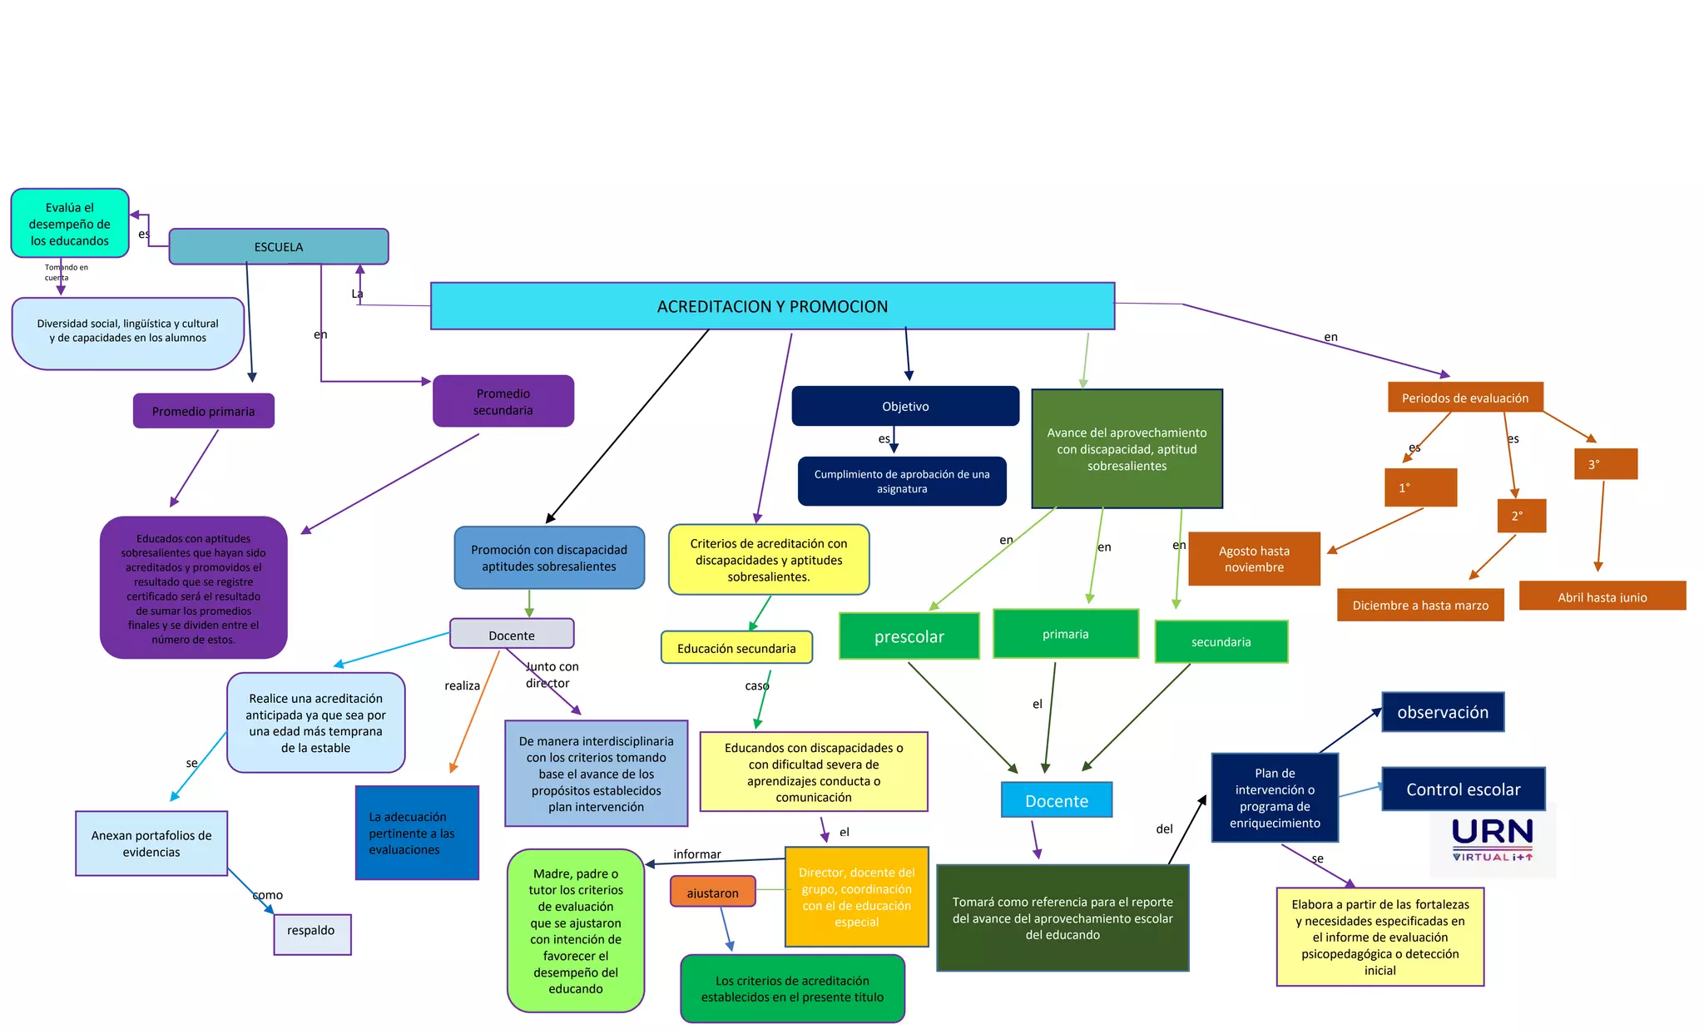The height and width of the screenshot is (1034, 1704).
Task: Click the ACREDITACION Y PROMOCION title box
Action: pyautogui.click(x=772, y=306)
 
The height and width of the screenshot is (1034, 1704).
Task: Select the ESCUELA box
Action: pyautogui.click(x=279, y=247)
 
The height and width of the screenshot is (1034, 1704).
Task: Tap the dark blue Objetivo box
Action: pyautogui.click(x=905, y=406)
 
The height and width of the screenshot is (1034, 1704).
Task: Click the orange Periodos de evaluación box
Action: pyautogui.click(x=1464, y=398)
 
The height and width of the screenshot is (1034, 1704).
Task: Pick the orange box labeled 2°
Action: pyautogui.click(x=1521, y=516)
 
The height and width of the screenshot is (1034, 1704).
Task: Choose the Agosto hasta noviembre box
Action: pyautogui.click(x=1254, y=559)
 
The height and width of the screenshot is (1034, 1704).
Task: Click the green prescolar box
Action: pyautogui.click(x=909, y=636)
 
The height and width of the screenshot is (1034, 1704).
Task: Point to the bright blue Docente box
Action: pyautogui.click(x=1057, y=800)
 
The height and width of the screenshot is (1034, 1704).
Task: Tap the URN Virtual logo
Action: pyautogui.click(x=1493, y=839)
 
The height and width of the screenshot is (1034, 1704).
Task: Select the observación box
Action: pyautogui.click(x=1443, y=712)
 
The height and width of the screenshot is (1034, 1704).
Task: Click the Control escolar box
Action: pyautogui.click(x=1463, y=789)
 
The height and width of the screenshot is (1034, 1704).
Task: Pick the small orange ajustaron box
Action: pyautogui.click(x=712, y=893)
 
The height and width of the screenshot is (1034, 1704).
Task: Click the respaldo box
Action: pyautogui.click(x=311, y=931)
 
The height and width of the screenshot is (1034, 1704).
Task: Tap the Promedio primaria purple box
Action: pyautogui.click(x=203, y=411)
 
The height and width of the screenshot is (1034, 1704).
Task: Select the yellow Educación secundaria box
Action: pyautogui.click(x=736, y=648)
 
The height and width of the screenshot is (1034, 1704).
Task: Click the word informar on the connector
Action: pyautogui.click(x=697, y=854)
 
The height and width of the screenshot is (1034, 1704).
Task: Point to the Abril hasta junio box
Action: pyautogui.click(x=1602, y=596)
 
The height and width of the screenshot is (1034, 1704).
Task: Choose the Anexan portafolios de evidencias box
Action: pyautogui.click(x=151, y=844)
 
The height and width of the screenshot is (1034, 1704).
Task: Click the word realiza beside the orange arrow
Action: pyautogui.click(x=462, y=685)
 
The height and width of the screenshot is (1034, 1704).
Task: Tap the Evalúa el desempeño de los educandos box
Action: pyautogui.click(x=70, y=224)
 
